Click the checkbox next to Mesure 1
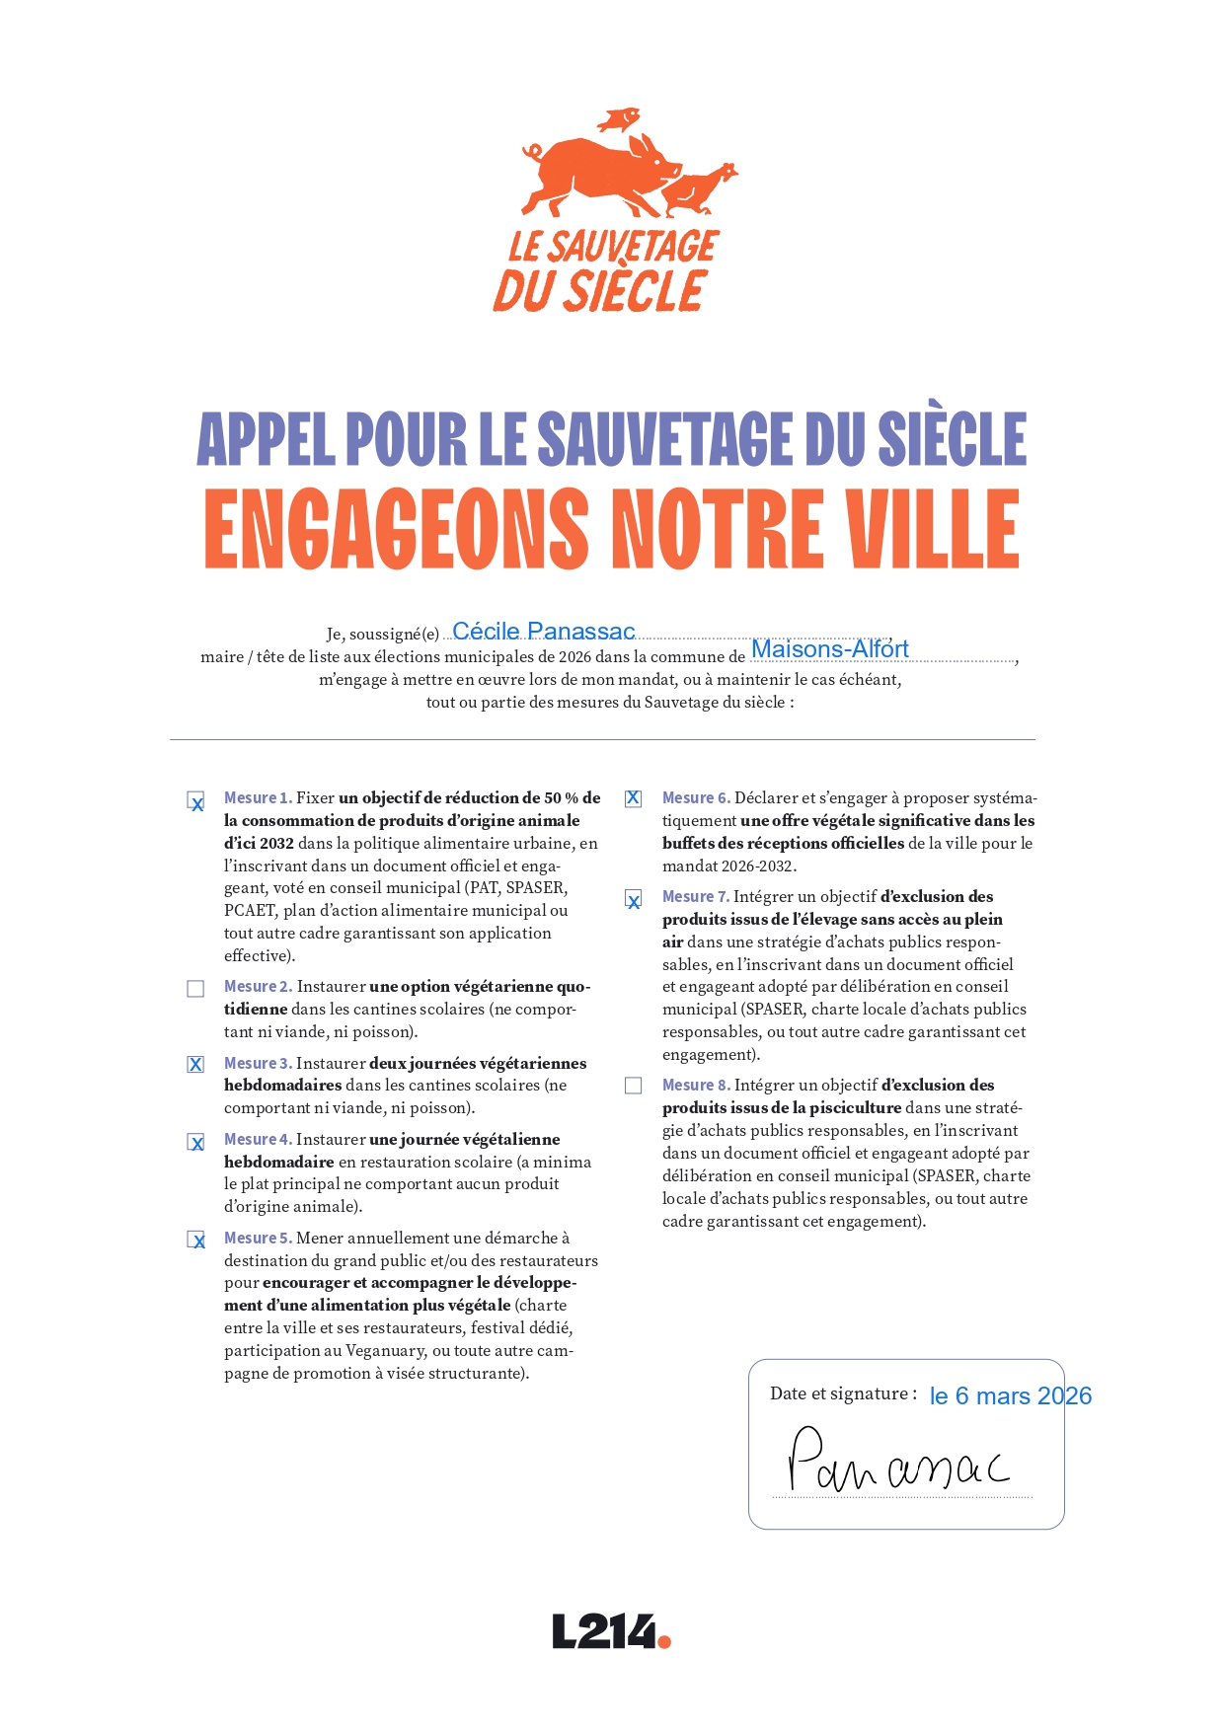[195, 800]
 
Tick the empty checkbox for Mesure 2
[195, 989]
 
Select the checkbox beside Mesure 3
[195, 1065]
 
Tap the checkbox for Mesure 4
[195, 1142]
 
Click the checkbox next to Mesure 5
[195, 1240]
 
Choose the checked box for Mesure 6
[634, 799]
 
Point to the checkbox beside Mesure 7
[634, 899]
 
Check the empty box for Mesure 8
[634, 1086]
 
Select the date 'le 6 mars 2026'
[1010, 1396]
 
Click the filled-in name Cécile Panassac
[543, 632]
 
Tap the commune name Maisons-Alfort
[829, 649]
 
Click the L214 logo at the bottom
[611, 1632]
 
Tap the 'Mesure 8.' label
[696, 1086]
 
